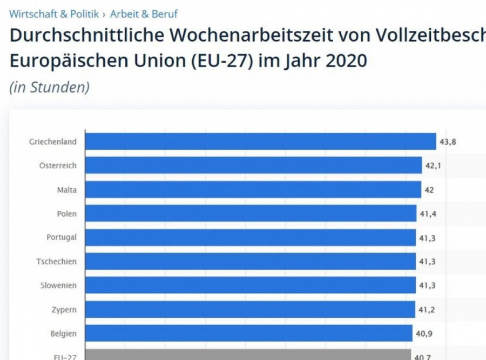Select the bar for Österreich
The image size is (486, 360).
(254, 165)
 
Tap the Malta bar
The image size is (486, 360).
(253, 190)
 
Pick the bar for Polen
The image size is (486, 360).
(251, 214)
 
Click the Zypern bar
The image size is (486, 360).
(251, 309)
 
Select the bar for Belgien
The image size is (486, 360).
(249, 334)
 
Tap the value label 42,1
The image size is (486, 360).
(433, 166)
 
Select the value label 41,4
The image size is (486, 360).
(428, 214)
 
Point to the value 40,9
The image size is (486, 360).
(423, 334)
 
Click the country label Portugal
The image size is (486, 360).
(62, 237)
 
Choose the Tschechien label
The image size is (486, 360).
(56, 262)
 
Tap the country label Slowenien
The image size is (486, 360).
(58, 285)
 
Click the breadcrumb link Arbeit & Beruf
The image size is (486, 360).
(144, 14)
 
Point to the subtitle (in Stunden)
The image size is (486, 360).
(49, 88)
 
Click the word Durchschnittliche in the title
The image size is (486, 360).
(83, 37)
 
